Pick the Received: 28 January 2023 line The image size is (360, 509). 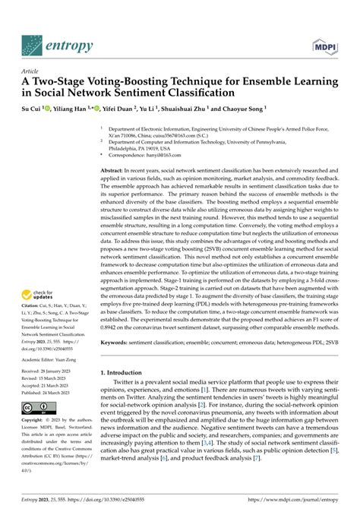pyautogui.click(x=44, y=378)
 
